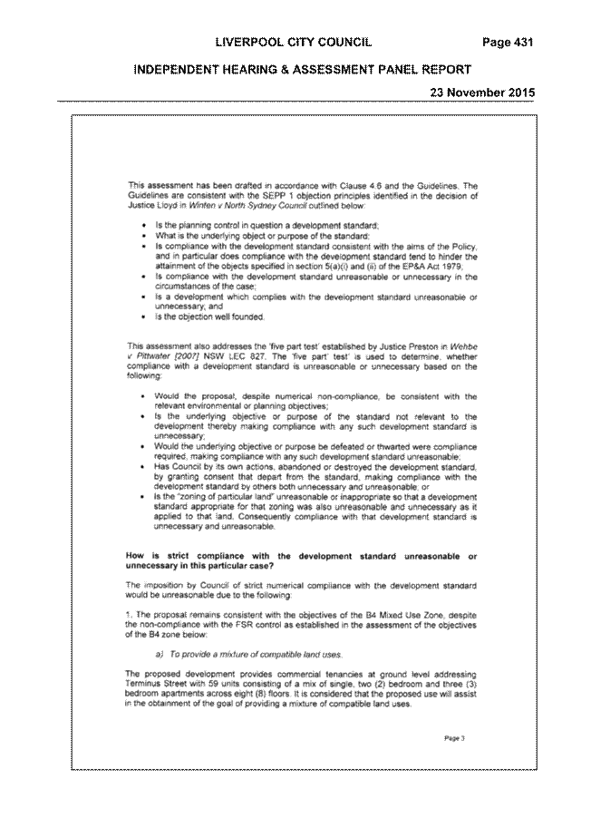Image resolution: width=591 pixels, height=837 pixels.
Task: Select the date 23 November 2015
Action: click(482, 92)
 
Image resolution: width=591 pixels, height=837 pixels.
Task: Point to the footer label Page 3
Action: click(454, 738)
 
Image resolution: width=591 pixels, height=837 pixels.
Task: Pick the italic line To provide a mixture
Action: click(248, 655)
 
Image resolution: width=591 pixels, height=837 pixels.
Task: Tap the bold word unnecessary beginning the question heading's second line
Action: click(150, 566)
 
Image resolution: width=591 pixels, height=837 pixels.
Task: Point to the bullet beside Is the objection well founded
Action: click(143, 317)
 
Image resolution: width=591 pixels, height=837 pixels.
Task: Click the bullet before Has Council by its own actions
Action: click(143, 467)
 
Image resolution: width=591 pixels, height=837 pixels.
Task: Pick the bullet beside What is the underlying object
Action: click(143, 237)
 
